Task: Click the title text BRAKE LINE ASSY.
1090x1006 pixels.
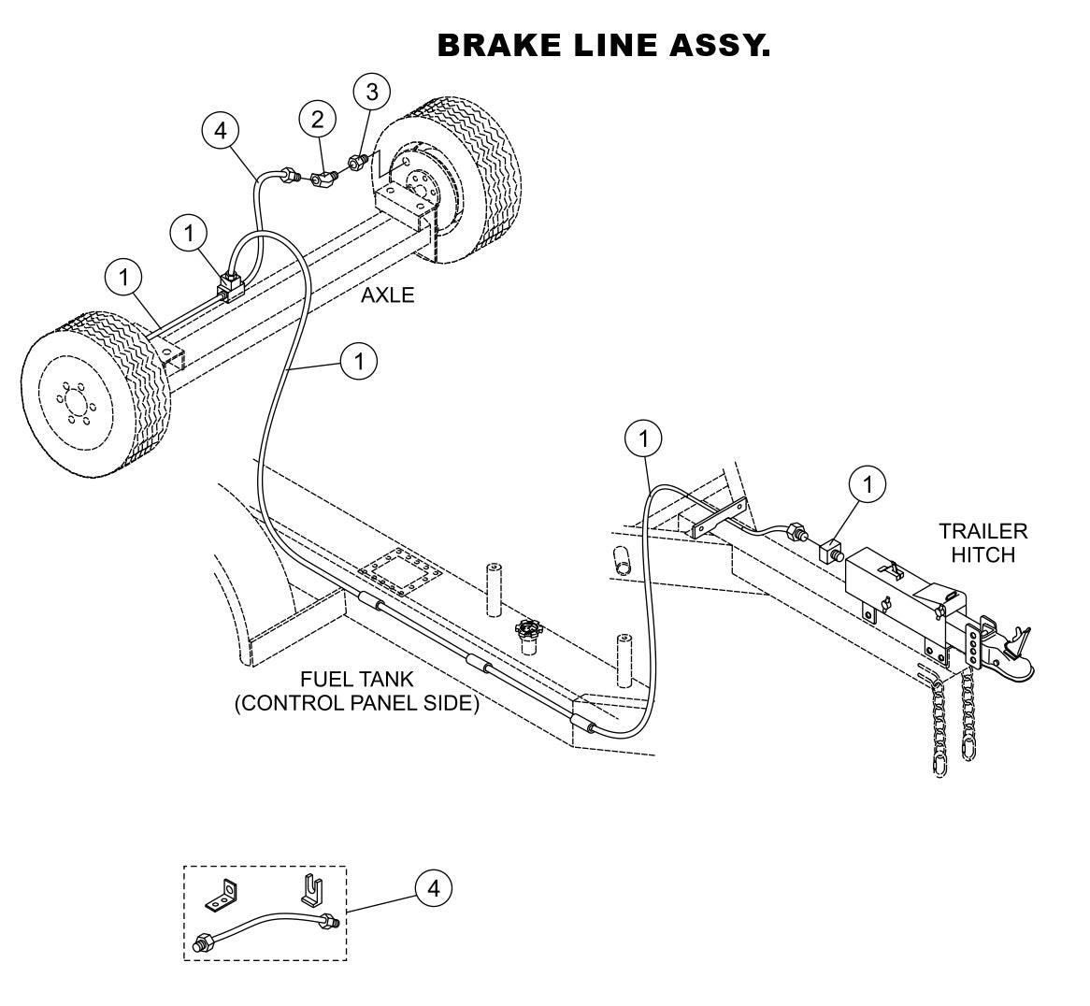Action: (604, 45)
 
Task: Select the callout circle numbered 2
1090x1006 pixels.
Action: (318, 119)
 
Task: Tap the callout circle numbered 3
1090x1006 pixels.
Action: (372, 92)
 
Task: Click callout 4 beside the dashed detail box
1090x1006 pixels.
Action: (433, 888)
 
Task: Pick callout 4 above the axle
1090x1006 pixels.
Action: (221, 132)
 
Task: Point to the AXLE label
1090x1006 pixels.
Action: (387, 295)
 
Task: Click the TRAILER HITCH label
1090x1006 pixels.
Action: (982, 543)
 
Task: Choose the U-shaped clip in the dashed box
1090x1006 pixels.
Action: (312, 887)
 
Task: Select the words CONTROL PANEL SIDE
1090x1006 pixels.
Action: (356, 703)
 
